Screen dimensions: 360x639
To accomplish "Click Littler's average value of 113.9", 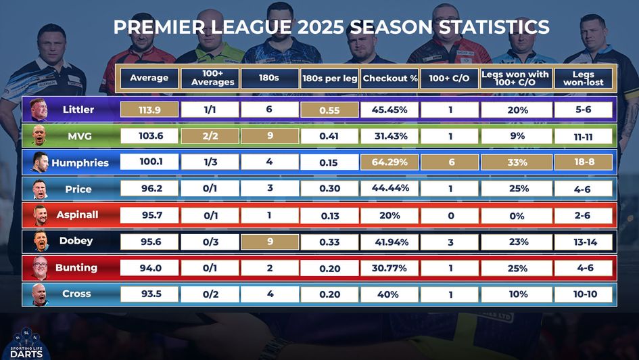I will (x=149, y=110).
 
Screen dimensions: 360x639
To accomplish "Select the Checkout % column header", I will (x=389, y=78).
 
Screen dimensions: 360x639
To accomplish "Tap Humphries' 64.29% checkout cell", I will (x=389, y=162).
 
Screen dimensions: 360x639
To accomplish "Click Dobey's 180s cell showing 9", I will (x=269, y=241).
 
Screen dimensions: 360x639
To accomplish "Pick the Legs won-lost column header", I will (x=583, y=78).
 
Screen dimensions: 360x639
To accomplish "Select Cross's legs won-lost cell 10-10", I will (x=583, y=294).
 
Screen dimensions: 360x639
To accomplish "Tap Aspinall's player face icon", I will (x=39, y=215).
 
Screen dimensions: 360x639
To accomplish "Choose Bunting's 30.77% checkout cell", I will (x=389, y=268).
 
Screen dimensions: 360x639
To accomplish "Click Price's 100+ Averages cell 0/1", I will (x=210, y=189).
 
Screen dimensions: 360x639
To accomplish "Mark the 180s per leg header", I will (x=329, y=78).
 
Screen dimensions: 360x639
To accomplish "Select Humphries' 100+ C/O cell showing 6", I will (x=450, y=162).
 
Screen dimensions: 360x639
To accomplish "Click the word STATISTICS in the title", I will (x=473, y=27).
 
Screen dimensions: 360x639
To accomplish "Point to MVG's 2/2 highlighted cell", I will (x=210, y=136).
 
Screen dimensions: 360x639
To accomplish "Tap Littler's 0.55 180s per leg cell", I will (x=329, y=110).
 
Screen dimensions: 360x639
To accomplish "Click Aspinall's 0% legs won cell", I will (x=517, y=215).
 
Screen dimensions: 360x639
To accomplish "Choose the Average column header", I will (x=149, y=78).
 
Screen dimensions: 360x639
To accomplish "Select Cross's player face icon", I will (x=39, y=294).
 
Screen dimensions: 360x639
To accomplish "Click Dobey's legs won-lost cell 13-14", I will (x=583, y=242).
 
